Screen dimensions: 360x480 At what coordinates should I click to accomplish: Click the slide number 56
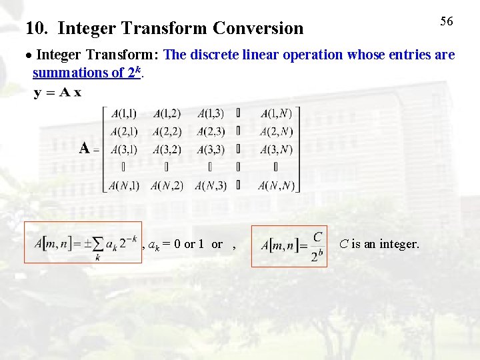click(x=447, y=21)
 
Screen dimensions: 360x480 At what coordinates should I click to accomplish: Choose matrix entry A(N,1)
click(x=124, y=185)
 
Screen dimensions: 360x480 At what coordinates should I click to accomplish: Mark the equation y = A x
click(x=57, y=93)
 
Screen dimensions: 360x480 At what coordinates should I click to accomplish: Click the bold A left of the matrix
click(x=85, y=148)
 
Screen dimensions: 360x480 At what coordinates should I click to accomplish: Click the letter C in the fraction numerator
click(x=317, y=237)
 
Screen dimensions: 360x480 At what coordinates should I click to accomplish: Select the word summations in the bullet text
click(x=67, y=73)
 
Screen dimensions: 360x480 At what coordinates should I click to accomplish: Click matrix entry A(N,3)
click(x=211, y=185)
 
